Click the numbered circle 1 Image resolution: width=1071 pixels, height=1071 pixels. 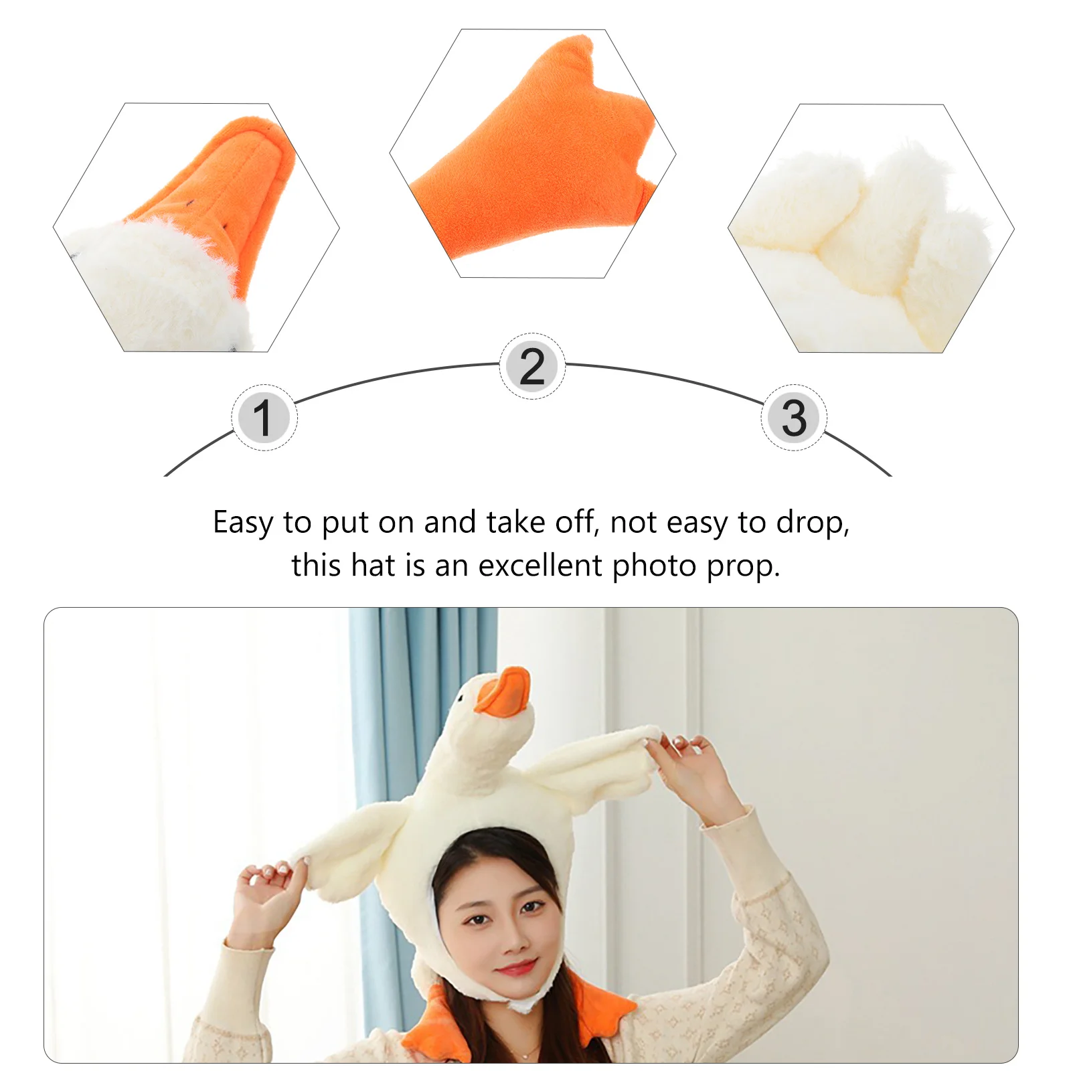pos(264,418)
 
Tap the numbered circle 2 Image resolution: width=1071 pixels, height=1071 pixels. pos(532,366)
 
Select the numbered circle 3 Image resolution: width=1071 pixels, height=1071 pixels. pos(794,418)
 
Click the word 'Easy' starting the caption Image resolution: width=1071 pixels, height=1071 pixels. pos(242,523)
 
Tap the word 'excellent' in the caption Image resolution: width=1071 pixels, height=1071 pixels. pos(540,566)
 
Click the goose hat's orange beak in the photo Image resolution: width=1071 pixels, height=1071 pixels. pos(503,693)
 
